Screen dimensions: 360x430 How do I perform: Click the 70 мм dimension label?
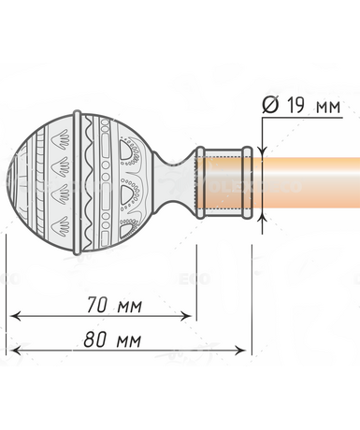(114, 305)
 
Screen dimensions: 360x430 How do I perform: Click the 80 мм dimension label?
(112, 339)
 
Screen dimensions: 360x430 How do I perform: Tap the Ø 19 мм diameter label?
(301, 106)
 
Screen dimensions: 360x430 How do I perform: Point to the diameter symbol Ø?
(270, 106)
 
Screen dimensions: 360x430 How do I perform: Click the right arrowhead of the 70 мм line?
(185, 317)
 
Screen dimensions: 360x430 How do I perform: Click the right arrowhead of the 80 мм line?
(239, 351)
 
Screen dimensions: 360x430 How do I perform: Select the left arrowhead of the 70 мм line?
(16, 317)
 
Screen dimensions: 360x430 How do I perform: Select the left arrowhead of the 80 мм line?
(16, 351)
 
